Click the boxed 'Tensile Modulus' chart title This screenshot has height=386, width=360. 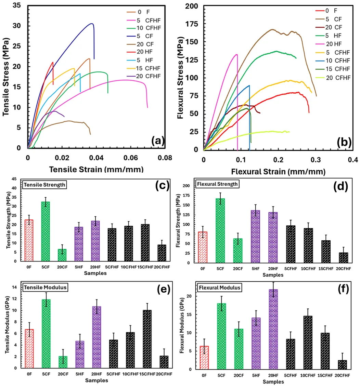click(x=45, y=287)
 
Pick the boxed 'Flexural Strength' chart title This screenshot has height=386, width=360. click(x=217, y=184)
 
